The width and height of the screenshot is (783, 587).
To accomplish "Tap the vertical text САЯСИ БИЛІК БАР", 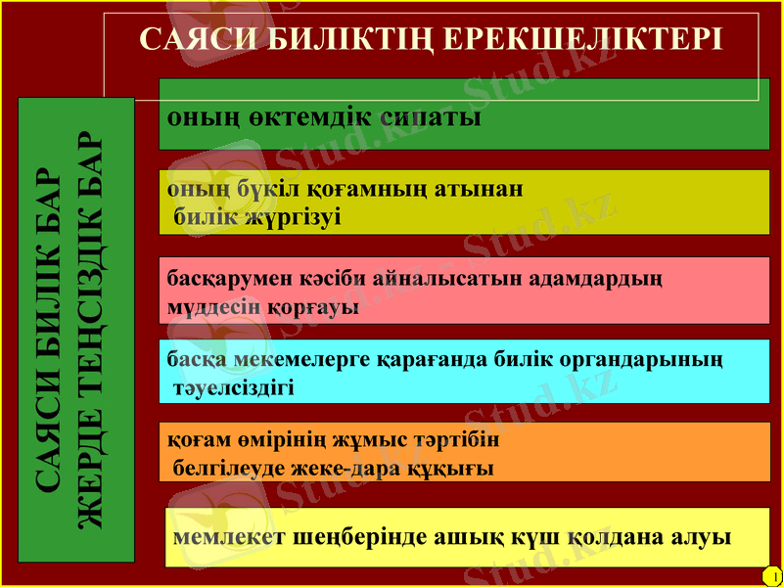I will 49,331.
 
